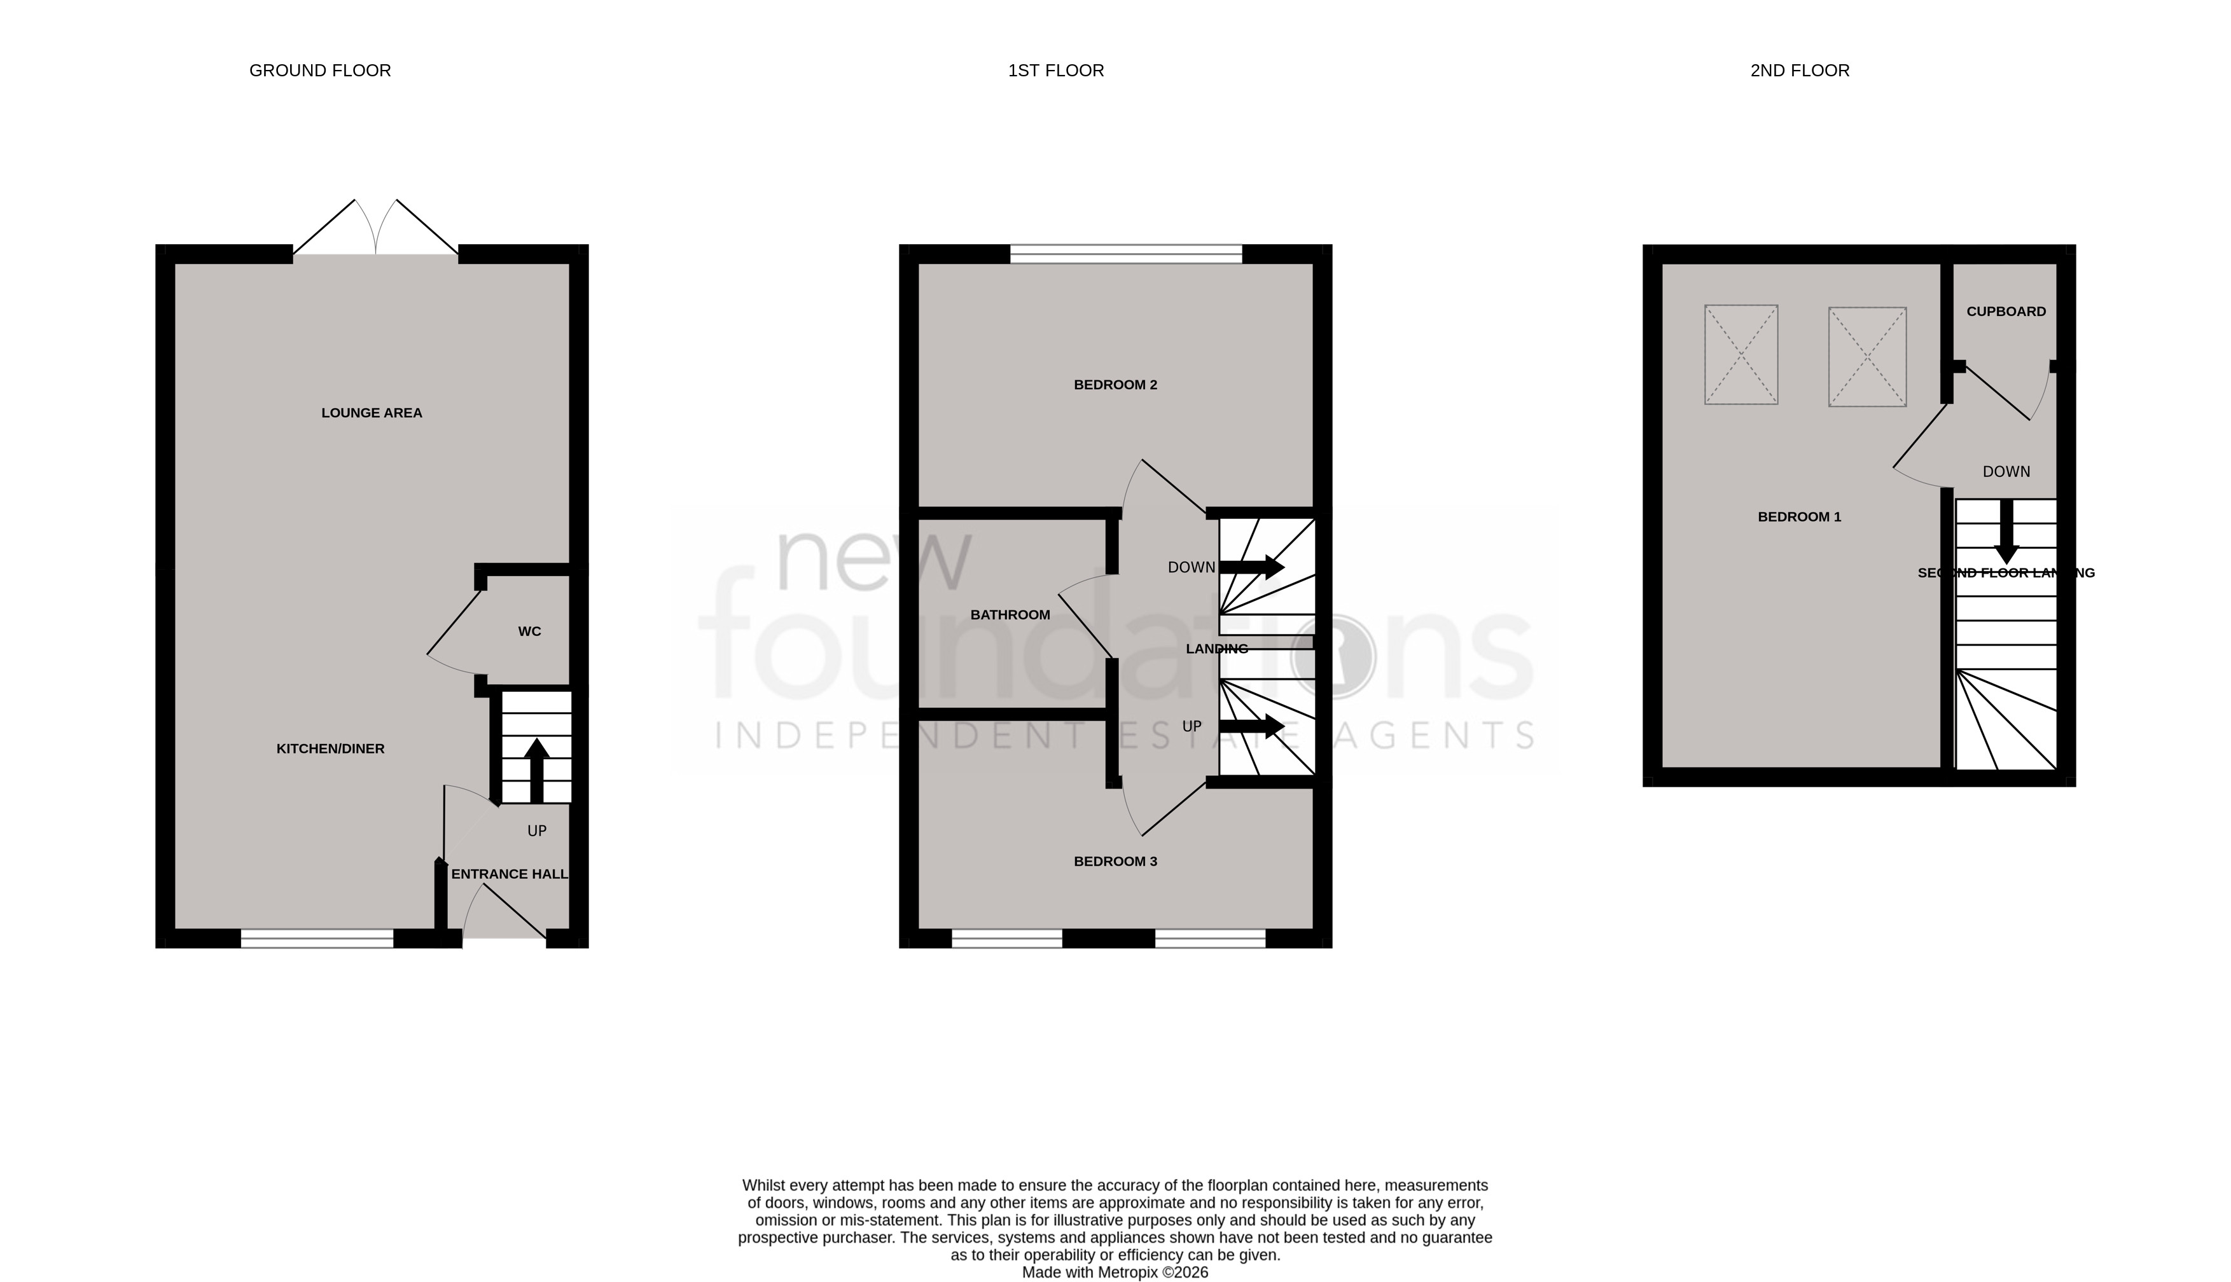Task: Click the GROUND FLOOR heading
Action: [x=320, y=71]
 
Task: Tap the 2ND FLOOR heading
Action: [x=1800, y=71]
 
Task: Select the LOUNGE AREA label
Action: [x=372, y=413]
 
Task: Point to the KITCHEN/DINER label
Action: [x=330, y=749]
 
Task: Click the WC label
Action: [x=529, y=631]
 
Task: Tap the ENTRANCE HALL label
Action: [x=509, y=874]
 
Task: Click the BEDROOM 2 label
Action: [x=1115, y=385]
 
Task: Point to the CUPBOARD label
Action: [x=2006, y=312]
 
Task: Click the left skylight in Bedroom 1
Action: [x=1741, y=355]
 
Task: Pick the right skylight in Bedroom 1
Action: [x=1867, y=357]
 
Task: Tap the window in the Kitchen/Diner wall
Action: [x=317, y=939]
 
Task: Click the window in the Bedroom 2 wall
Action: [x=1125, y=254]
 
